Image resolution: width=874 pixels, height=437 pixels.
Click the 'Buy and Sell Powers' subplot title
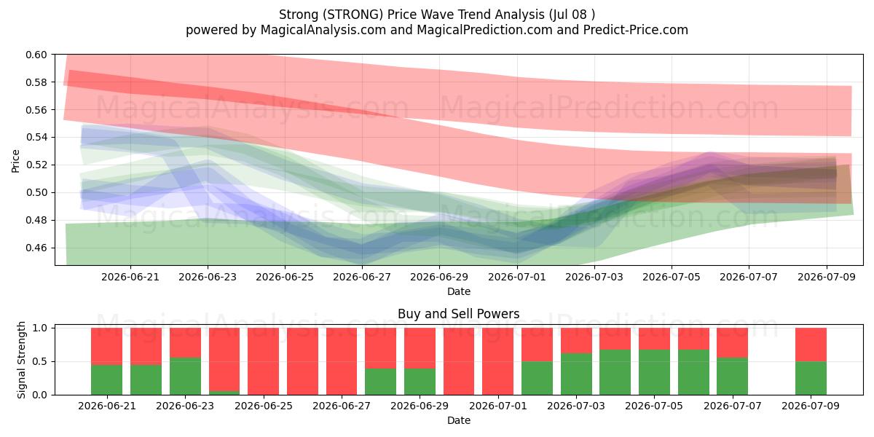click(x=458, y=314)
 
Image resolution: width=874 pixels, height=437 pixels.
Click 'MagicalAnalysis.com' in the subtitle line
click(x=323, y=30)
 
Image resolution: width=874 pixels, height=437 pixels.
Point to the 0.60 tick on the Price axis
click(x=36, y=55)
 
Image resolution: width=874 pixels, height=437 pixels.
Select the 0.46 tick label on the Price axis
click(x=36, y=248)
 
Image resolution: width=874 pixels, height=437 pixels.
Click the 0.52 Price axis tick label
click(x=36, y=165)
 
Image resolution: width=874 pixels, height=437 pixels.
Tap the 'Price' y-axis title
click(x=15, y=161)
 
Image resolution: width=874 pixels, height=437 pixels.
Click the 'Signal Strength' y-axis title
click(x=21, y=360)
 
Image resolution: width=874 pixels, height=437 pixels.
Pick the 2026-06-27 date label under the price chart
click(x=362, y=277)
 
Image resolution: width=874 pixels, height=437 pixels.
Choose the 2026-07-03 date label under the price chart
click(x=594, y=277)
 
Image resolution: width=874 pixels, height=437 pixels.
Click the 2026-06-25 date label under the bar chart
click(x=264, y=406)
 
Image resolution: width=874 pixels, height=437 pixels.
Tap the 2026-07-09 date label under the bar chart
click(x=811, y=406)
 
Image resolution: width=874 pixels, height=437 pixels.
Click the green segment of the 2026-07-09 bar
click(x=811, y=378)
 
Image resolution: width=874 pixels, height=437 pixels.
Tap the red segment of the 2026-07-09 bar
click(x=811, y=345)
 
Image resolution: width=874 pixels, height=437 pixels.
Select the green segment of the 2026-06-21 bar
click(x=106, y=379)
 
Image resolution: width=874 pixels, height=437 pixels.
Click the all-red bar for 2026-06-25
click(x=264, y=361)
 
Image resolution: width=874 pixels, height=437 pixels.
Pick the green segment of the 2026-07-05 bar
click(x=654, y=372)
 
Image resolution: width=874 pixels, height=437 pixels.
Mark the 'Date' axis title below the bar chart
click(x=458, y=421)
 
